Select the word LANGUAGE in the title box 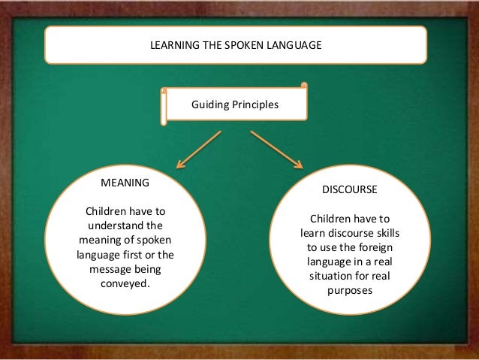[x=294, y=45]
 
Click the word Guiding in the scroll [x=211, y=105]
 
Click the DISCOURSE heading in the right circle [x=349, y=189]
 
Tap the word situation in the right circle [x=330, y=277]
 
